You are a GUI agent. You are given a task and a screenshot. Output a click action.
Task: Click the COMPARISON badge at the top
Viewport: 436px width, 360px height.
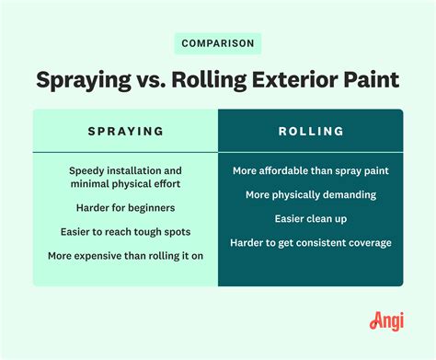click(x=217, y=43)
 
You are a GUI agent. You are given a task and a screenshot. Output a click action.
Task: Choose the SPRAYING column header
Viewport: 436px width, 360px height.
click(x=126, y=131)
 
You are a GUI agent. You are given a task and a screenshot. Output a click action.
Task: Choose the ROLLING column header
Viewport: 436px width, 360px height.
click(x=310, y=131)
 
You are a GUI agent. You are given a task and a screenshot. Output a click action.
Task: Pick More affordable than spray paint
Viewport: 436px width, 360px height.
click(x=310, y=171)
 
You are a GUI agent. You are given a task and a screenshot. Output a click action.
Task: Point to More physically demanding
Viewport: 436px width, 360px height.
click(x=310, y=195)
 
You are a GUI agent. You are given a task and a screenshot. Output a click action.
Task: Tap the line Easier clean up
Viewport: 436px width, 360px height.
click(x=310, y=219)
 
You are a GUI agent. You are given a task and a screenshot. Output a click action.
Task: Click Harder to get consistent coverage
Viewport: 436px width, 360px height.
click(x=310, y=243)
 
